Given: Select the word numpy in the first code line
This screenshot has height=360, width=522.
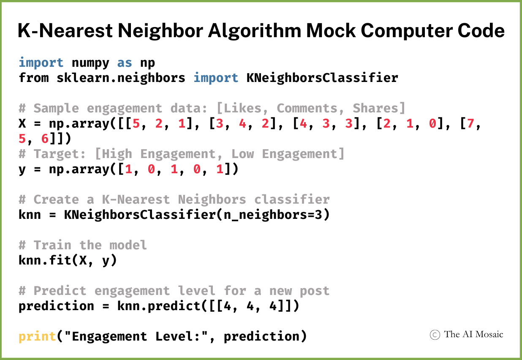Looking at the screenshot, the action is (90, 63).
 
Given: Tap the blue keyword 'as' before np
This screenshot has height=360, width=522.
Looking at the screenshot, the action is (125, 63).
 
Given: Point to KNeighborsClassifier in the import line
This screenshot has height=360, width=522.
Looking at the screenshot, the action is (318, 78).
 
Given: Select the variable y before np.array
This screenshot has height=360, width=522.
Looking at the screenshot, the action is (22, 169).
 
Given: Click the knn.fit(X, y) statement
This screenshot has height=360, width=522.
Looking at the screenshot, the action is (68, 260).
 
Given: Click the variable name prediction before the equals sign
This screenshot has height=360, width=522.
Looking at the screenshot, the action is (56, 306).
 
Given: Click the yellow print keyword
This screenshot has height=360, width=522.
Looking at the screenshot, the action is (37, 336).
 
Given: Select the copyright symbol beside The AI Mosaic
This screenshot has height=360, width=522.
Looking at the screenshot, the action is (435, 335).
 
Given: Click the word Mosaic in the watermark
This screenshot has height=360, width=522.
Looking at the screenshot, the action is (489, 334).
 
